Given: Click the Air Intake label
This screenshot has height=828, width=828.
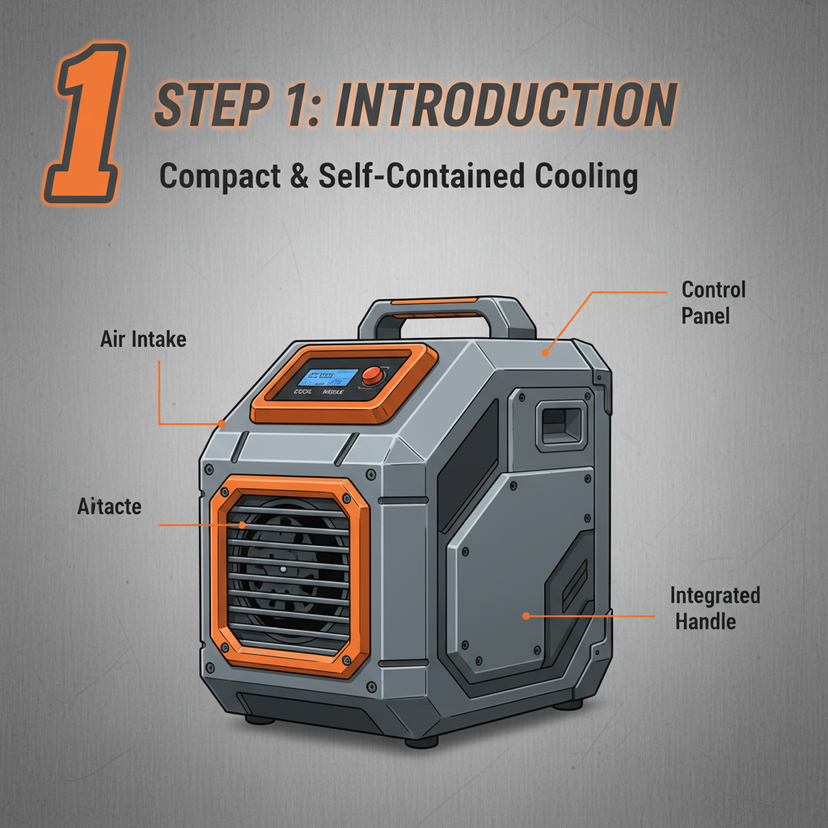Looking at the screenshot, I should point(143,339).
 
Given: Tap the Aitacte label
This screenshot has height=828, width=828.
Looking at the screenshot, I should point(109,507).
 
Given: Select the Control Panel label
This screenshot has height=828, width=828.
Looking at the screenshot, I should point(713,302).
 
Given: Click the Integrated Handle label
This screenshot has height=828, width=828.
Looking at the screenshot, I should point(715,608).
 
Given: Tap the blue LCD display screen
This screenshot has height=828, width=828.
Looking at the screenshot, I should point(327,377).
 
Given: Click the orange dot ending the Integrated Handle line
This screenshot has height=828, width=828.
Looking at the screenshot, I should point(526,615).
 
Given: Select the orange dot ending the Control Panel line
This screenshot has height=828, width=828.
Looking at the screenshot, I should point(546,353).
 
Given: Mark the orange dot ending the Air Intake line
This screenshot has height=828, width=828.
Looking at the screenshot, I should point(222,422).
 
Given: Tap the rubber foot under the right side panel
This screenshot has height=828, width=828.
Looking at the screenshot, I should point(568,703).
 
